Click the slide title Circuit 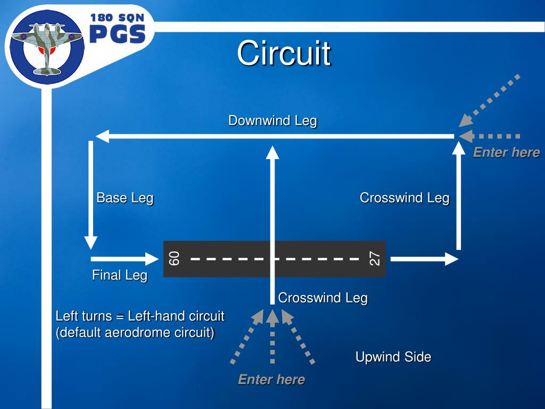click(x=284, y=53)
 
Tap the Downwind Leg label click(x=272, y=121)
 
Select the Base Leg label click(x=125, y=198)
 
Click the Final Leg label click(x=119, y=275)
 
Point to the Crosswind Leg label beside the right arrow click(x=404, y=198)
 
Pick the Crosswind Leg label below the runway click(x=323, y=298)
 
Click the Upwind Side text click(x=393, y=357)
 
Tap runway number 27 click(x=375, y=259)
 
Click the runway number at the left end click(x=174, y=259)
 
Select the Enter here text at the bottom click(x=271, y=380)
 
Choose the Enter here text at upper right click(x=506, y=153)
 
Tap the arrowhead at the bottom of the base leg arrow click(x=91, y=242)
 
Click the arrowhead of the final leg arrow click(x=153, y=259)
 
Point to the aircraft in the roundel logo click(x=47, y=48)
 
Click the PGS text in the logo click(x=117, y=35)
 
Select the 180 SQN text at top click(x=117, y=18)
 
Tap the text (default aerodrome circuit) click(x=135, y=333)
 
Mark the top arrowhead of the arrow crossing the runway click(x=272, y=152)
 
